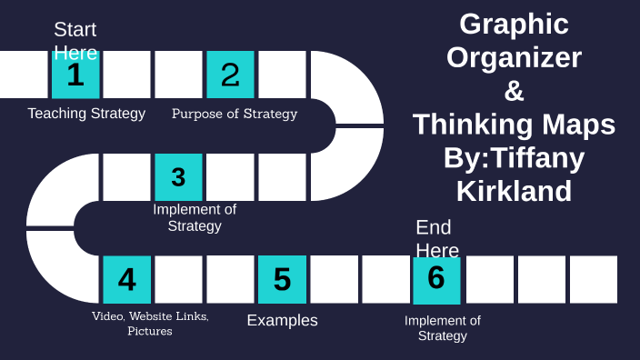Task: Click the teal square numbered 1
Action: (75, 75)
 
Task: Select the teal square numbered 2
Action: (230, 75)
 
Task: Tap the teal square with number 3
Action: (178, 176)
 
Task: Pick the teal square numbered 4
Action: (127, 279)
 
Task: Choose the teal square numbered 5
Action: (282, 279)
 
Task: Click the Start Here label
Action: (75, 40)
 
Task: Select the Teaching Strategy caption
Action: (86, 114)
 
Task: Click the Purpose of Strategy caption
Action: (235, 114)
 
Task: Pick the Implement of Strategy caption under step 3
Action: (195, 217)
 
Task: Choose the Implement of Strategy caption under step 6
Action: (443, 327)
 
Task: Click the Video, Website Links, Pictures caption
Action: (150, 324)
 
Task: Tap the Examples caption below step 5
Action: (283, 320)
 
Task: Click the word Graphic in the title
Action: (514, 24)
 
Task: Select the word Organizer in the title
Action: (514, 57)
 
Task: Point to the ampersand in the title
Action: (514, 91)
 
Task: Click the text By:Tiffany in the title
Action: (514, 157)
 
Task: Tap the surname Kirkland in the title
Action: (514, 191)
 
